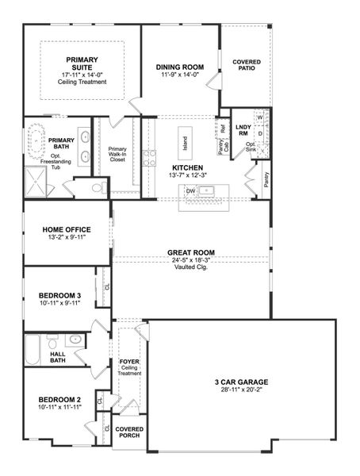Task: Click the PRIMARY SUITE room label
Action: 82,64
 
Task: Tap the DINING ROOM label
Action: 181,67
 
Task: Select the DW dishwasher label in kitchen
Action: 190,191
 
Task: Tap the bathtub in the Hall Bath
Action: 32,349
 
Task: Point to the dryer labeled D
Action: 259,133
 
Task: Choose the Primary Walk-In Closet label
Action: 117,155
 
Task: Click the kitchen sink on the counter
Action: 206,190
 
